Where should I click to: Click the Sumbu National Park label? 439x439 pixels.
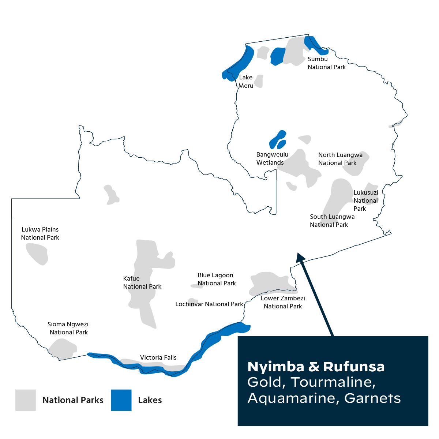[326, 63]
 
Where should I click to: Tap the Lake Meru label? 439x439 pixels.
[246, 82]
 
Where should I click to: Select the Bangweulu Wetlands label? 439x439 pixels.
[272, 159]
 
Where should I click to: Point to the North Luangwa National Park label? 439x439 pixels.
[340, 159]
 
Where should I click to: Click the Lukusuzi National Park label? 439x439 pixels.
[365, 200]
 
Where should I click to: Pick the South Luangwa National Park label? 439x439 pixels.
[332, 221]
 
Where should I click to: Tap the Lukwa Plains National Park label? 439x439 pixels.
[40, 233]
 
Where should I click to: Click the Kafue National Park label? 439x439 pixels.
[142, 282]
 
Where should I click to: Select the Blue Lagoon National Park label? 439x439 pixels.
[217, 279]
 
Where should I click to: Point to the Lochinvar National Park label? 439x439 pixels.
[209, 304]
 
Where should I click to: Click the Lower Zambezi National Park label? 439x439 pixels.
[283, 302]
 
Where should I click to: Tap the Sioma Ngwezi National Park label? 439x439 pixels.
[68, 328]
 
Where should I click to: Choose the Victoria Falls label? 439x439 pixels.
[158, 357]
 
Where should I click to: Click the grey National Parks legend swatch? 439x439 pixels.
[26, 400]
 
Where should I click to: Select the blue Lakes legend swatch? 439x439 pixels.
[121, 400]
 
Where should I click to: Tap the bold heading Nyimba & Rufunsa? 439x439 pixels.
[316, 367]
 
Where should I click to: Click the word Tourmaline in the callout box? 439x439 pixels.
[333, 382]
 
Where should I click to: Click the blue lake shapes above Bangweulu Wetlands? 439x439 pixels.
[278, 140]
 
